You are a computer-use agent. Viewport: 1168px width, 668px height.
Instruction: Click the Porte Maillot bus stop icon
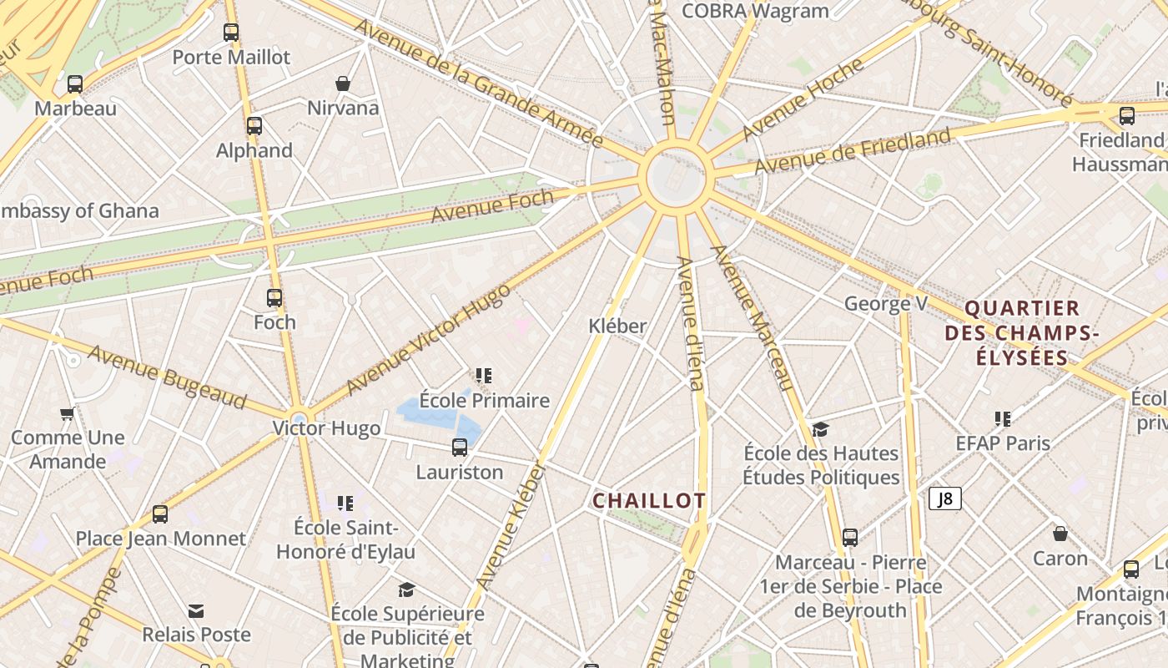[x=231, y=33]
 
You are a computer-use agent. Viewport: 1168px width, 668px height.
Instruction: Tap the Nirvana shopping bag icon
[x=342, y=83]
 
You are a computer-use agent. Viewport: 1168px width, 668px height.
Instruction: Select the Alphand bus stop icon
[x=254, y=126]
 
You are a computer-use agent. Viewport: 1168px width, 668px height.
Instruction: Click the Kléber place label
[x=617, y=326]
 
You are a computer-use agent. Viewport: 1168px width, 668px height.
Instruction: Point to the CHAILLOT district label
[x=649, y=501]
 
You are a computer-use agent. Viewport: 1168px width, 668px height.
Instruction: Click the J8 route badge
[x=945, y=499]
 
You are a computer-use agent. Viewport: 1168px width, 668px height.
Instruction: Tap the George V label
[x=885, y=303]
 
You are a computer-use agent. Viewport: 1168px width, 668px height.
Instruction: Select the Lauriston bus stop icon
[x=460, y=448]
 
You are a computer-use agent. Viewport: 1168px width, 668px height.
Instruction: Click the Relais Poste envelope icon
[x=196, y=611]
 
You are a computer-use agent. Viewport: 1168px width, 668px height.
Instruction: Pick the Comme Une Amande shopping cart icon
[x=68, y=413]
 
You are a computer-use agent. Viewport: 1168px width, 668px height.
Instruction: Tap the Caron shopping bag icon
[x=1060, y=534]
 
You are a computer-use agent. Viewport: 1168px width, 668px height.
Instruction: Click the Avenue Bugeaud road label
[x=167, y=377]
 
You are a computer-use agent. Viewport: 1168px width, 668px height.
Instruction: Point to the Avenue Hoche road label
[x=802, y=99]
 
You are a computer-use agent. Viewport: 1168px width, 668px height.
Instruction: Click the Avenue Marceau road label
[x=750, y=317]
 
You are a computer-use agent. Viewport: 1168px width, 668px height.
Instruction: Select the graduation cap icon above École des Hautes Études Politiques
[x=820, y=429]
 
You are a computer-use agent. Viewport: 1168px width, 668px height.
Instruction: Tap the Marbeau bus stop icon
[x=75, y=83]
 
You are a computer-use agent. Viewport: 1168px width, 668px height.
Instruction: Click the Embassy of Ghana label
[x=79, y=210]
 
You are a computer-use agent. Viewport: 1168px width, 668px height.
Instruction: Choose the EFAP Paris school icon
[x=1003, y=418]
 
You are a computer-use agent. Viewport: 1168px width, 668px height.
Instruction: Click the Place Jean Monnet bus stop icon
[x=160, y=514]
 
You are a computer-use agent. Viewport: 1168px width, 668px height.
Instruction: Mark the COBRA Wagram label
[x=755, y=11]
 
